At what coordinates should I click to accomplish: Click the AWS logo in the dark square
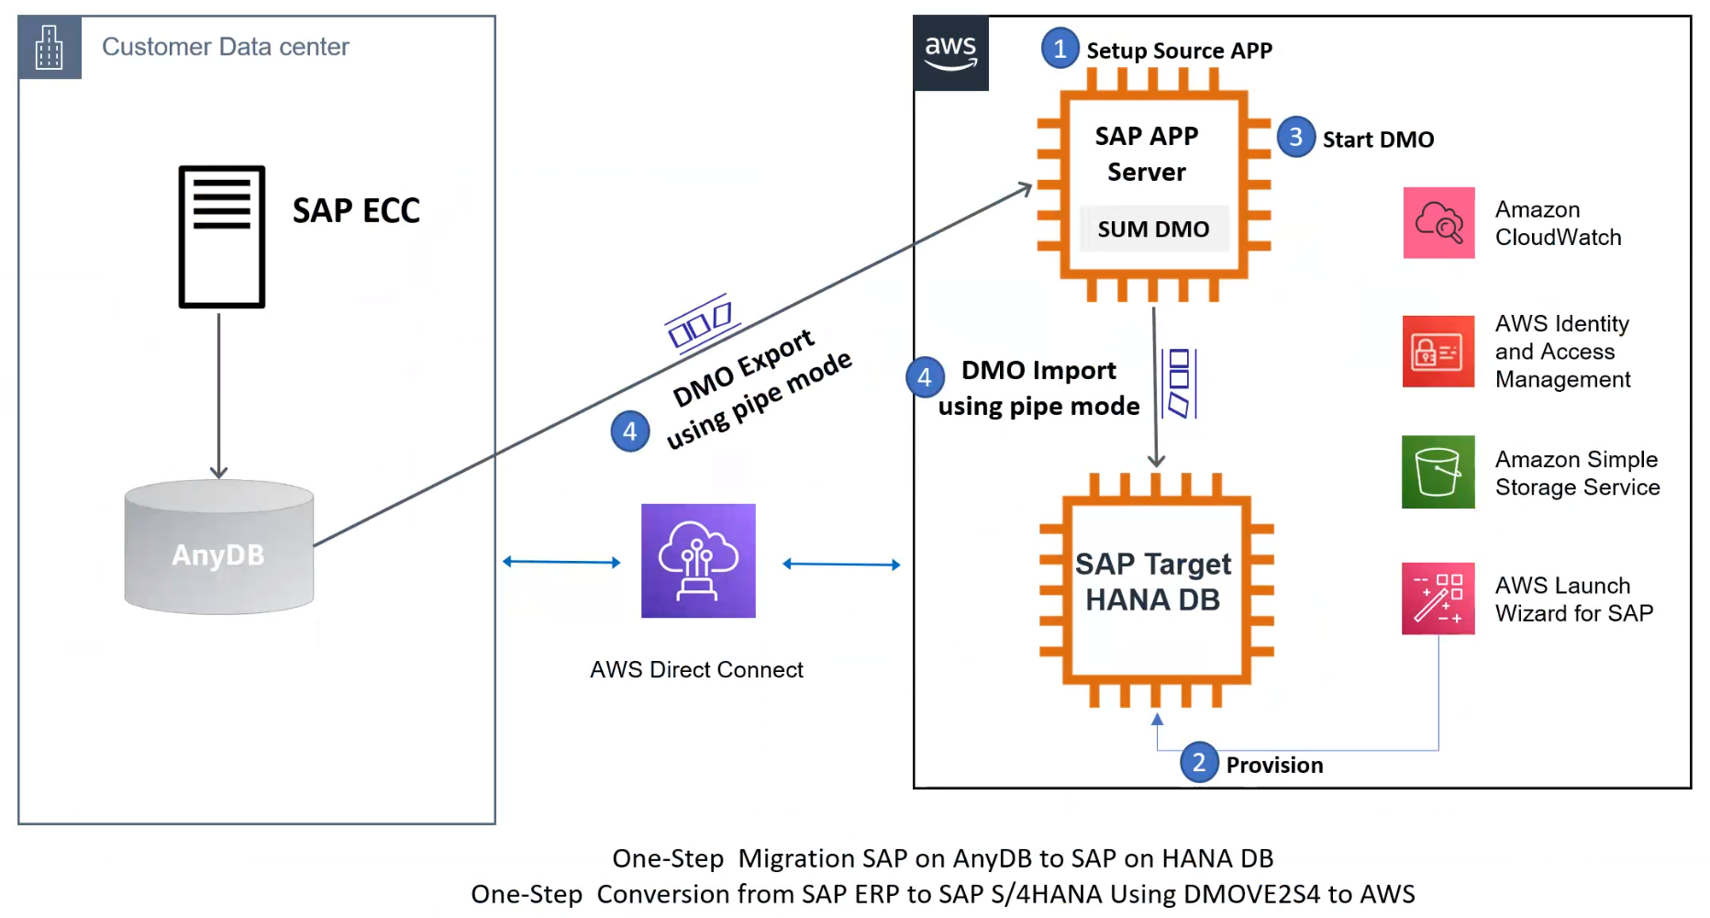coord(950,52)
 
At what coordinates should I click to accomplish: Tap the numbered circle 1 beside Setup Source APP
coord(1060,49)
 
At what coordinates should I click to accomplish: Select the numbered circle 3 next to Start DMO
coord(1295,138)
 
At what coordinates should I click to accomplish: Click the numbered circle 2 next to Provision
coord(1198,763)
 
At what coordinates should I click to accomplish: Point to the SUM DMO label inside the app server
coord(1153,229)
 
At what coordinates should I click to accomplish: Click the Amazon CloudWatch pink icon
coord(1438,223)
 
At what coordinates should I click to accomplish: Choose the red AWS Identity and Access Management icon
coord(1438,352)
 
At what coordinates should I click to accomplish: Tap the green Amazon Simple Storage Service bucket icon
coord(1438,472)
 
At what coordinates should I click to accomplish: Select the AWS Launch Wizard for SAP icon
coord(1438,599)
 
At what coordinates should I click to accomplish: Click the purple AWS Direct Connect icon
coord(698,561)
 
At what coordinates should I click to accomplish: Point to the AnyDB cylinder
coord(219,548)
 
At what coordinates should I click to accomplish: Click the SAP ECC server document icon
coord(222,237)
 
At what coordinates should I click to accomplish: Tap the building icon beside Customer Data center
coord(50,47)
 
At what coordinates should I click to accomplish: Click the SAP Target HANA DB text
coord(1153,581)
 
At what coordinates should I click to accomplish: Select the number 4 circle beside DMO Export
coord(630,431)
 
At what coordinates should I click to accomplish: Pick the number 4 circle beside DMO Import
coord(925,377)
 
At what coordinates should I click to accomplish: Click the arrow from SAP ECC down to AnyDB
coord(218,395)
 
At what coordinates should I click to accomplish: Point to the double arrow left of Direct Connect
coord(561,562)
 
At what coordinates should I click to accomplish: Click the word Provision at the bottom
coord(1274,765)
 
